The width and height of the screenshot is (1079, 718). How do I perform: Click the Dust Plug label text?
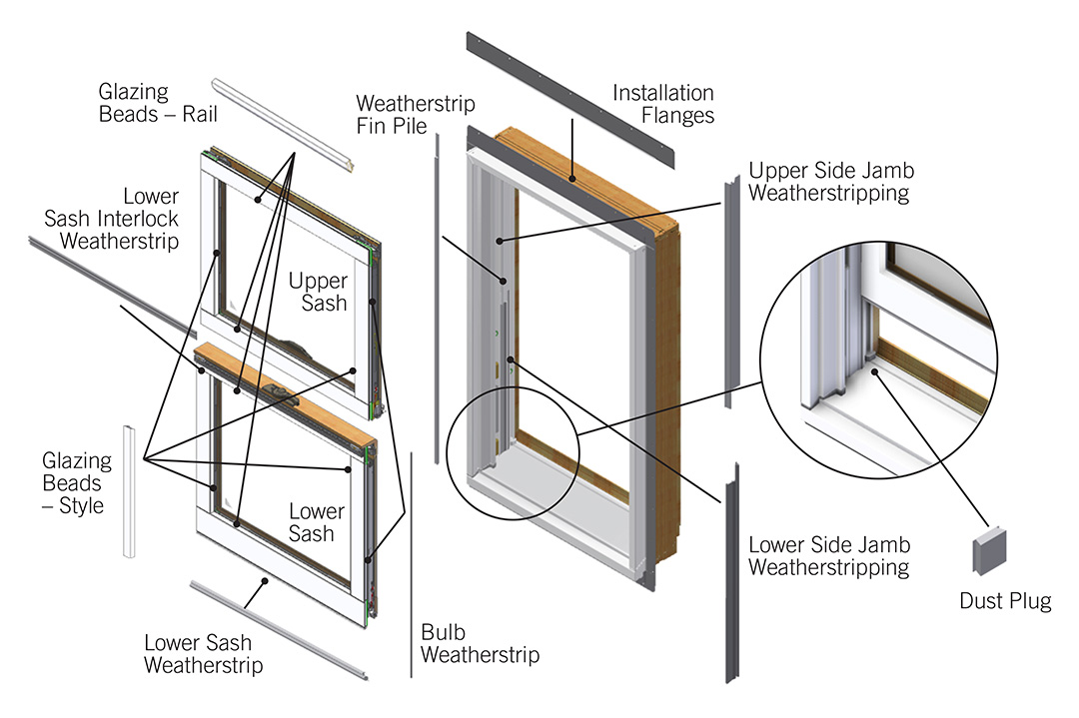pos(1005,601)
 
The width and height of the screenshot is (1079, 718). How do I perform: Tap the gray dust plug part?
pos(988,551)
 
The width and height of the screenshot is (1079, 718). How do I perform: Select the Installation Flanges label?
pos(663,104)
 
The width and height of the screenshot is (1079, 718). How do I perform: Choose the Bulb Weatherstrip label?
pos(480,644)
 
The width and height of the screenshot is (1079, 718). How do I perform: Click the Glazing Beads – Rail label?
pos(158,102)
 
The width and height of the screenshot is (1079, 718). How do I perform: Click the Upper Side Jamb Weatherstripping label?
pos(830,181)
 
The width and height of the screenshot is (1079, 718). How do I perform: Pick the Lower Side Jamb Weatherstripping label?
pos(829,556)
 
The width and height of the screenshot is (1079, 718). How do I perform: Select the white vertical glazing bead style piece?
pos(128,490)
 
